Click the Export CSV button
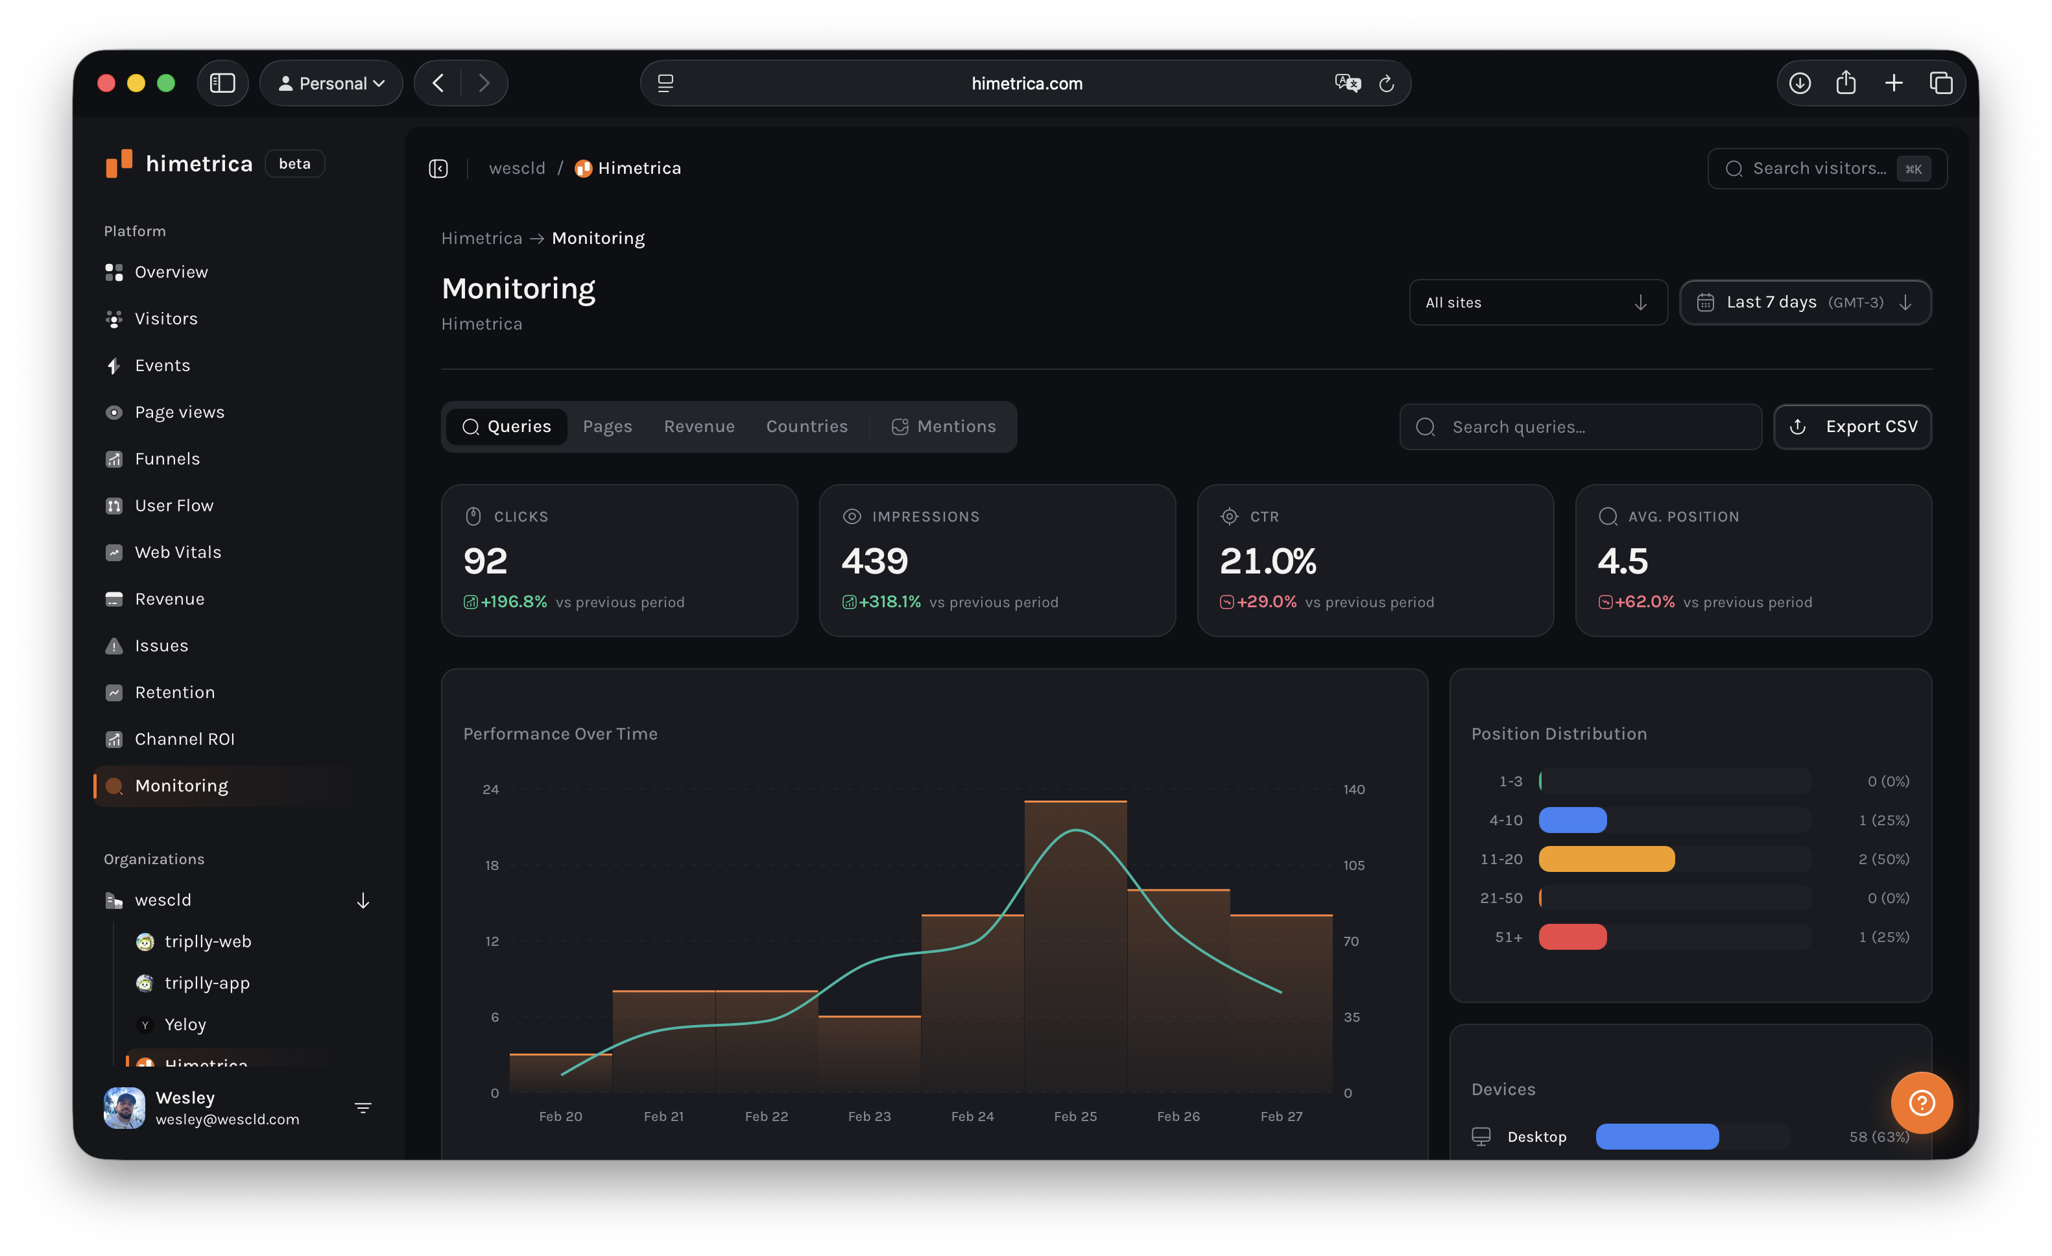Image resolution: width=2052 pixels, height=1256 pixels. click(x=1852, y=426)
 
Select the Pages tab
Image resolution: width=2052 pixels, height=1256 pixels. click(x=607, y=426)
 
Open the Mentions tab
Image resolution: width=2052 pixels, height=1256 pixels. click(x=944, y=426)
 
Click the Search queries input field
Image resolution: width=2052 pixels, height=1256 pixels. click(x=1582, y=426)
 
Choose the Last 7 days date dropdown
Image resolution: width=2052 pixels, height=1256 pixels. click(x=1805, y=302)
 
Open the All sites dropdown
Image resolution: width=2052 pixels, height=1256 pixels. click(x=1537, y=302)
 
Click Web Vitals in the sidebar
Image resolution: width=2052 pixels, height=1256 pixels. click(x=178, y=552)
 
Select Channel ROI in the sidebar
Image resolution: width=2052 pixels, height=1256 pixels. click(x=184, y=739)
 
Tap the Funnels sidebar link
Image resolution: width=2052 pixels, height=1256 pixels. click(x=167, y=459)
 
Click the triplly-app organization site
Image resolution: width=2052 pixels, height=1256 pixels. click(x=206, y=983)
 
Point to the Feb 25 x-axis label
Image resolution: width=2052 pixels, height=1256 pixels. click(x=1075, y=1116)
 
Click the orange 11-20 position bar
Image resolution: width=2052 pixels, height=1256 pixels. click(x=1606, y=859)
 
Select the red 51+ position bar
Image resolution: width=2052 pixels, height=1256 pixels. click(x=1572, y=937)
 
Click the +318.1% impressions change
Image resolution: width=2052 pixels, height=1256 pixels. click(x=889, y=601)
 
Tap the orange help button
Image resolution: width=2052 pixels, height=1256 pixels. click(x=1921, y=1103)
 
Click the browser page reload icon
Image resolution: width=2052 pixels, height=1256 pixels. click(x=1387, y=83)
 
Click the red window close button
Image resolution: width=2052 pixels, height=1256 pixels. click(x=106, y=83)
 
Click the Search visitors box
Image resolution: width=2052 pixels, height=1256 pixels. click(x=1826, y=168)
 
